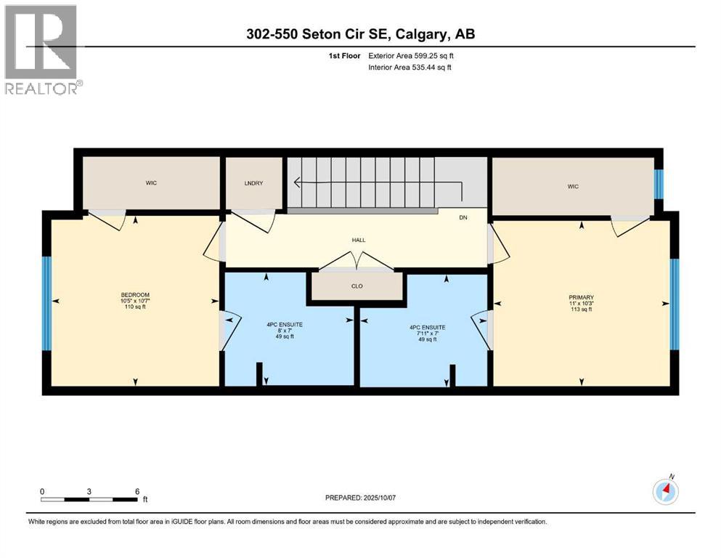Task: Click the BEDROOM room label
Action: tap(135, 294)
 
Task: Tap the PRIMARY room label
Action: tap(581, 297)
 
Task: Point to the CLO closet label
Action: tap(357, 286)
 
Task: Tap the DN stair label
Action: tap(463, 217)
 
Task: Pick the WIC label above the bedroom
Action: tap(151, 183)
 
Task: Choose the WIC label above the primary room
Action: tap(573, 187)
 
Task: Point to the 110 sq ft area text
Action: tap(135, 307)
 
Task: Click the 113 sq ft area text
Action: tap(581, 310)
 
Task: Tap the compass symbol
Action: tap(666, 491)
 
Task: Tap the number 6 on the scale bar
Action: tap(137, 492)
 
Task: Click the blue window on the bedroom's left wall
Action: tap(46, 303)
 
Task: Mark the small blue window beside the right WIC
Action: tap(659, 184)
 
